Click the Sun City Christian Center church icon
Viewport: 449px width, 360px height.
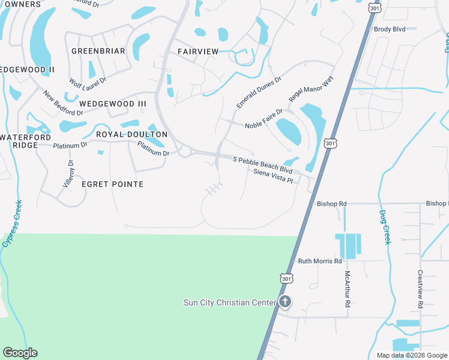(285, 302)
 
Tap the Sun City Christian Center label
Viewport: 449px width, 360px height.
(229, 302)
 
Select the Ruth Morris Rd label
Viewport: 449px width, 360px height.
(320, 261)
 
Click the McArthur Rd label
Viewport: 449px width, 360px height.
(347, 290)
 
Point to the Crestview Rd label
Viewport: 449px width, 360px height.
(420, 289)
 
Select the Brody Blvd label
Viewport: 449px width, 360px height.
(390, 29)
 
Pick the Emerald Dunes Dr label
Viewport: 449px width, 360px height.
(259, 92)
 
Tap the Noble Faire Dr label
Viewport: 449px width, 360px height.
(264, 125)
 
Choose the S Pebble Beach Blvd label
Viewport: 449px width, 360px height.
(262, 163)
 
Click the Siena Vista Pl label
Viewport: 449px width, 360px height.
(273, 176)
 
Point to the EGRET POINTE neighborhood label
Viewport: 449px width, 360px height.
(112, 184)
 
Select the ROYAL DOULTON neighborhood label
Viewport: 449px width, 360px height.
(131, 134)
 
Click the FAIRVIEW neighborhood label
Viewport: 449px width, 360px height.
(198, 52)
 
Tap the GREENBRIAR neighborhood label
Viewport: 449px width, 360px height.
(98, 51)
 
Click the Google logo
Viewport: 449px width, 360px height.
(20, 353)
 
